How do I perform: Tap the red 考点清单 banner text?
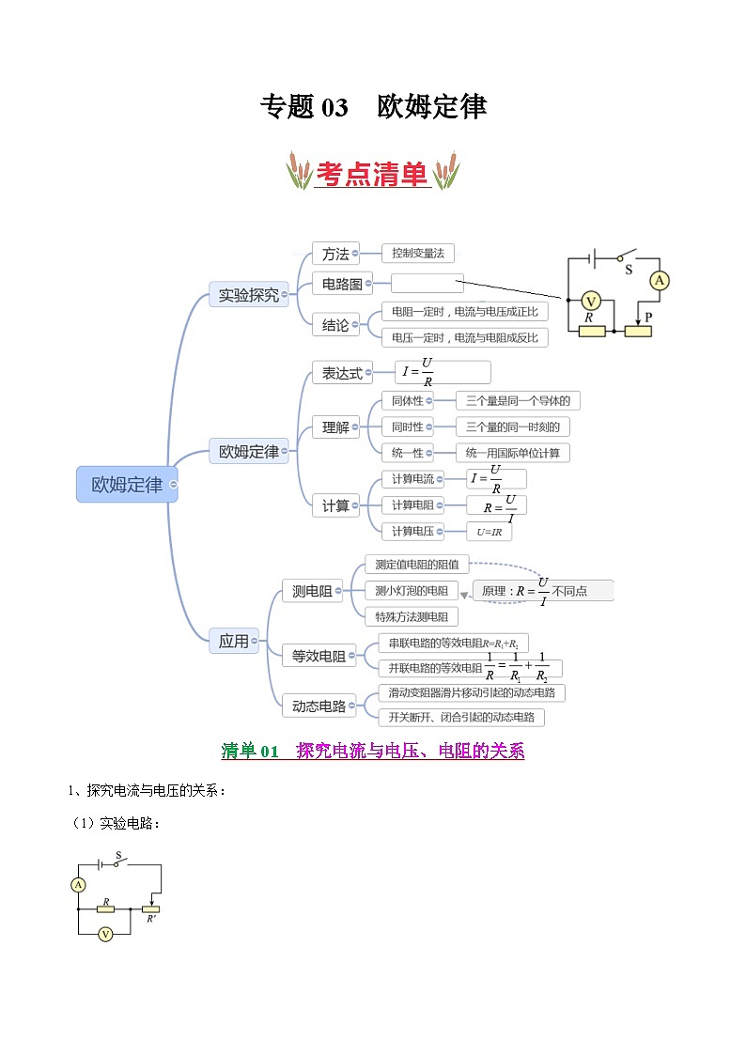[x=372, y=174]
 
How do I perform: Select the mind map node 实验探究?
[x=249, y=295]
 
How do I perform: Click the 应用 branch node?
[x=234, y=641]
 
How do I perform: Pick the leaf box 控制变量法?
[x=418, y=253]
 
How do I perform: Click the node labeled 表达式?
[x=343, y=373]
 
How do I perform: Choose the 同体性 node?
[x=408, y=401]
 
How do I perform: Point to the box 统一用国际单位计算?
[x=513, y=453]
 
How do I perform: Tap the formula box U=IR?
[x=490, y=532]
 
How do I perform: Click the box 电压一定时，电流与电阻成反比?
[x=465, y=337]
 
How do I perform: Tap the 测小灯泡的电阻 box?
[x=412, y=590]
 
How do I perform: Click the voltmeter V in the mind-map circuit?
[x=591, y=301]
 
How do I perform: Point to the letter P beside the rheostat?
[x=648, y=318]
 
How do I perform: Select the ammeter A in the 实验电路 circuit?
[x=79, y=884]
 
